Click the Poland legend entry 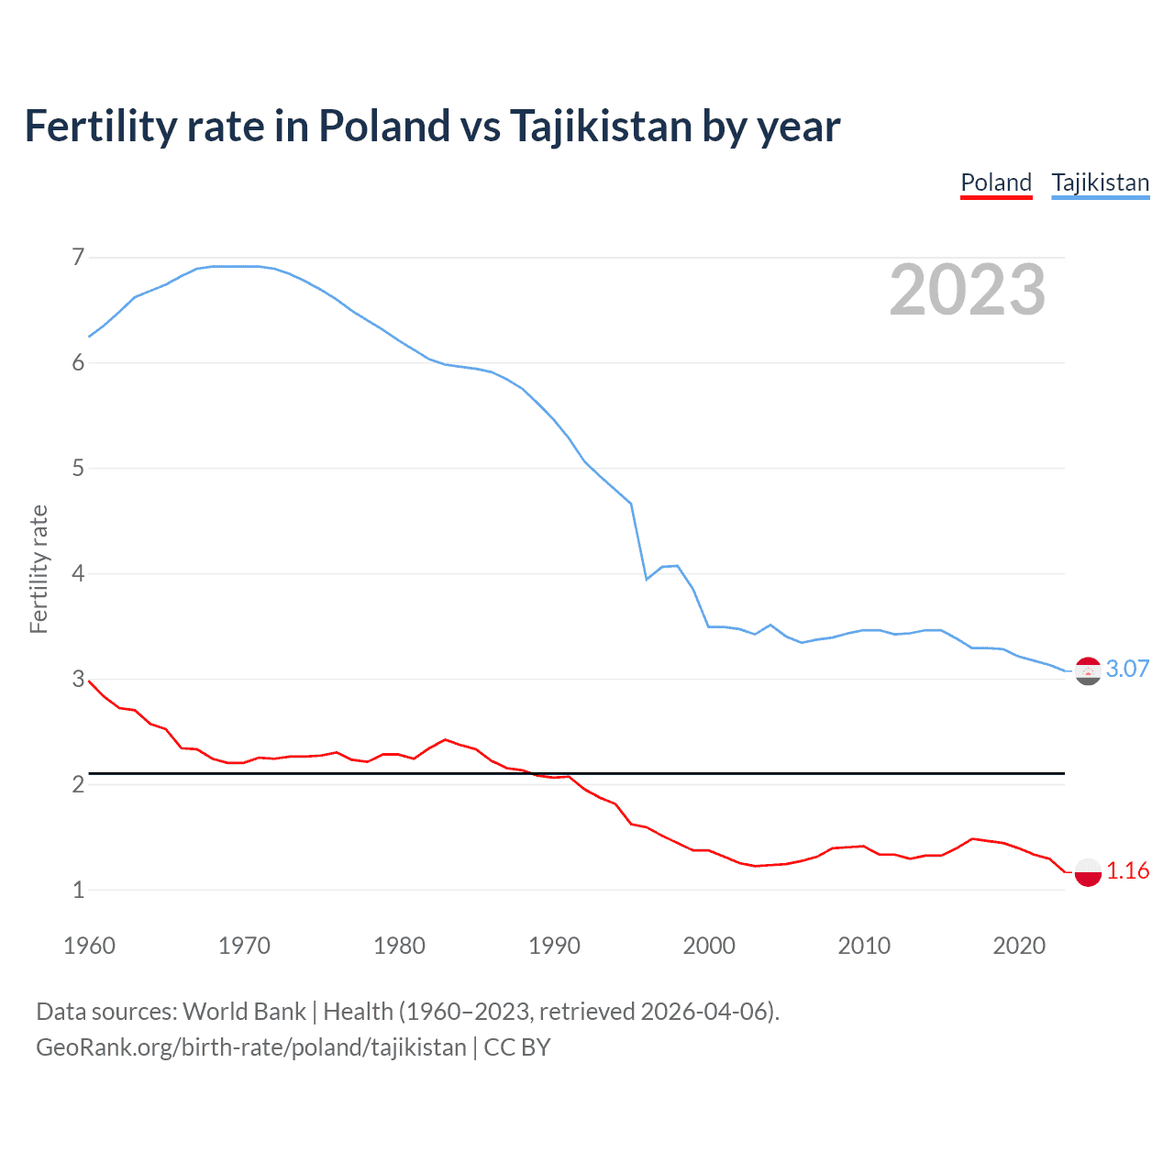tap(996, 183)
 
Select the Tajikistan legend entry tap(1100, 183)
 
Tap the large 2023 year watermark tap(967, 290)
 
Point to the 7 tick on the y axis tap(78, 257)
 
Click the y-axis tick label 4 tap(78, 573)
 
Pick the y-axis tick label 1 tap(78, 890)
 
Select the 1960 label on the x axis tap(89, 946)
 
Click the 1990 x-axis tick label tap(554, 946)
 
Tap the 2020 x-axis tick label tap(1019, 946)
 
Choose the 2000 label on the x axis tap(709, 946)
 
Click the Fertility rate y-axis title tap(39, 569)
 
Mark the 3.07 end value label tap(1127, 669)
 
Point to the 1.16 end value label tap(1127, 870)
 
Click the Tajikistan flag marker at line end tap(1088, 671)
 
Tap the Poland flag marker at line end tap(1088, 871)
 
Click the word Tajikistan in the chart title tap(600, 126)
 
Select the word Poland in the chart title tap(384, 126)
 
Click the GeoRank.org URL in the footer tap(251, 1047)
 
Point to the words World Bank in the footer tap(244, 1012)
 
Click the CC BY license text tap(517, 1047)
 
